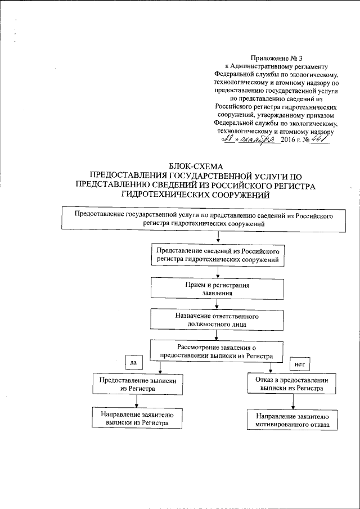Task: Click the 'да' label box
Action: [x=133, y=363]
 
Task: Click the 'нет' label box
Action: [x=299, y=364]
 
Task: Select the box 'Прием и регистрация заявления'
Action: [x=217, y=289]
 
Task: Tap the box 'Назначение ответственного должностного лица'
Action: [x=217, y=319]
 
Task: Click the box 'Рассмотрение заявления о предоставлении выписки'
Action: [x=217, y=352]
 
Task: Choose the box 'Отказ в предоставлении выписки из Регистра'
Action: [x=292, y=384]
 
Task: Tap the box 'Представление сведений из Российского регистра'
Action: [x=217, y=255]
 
